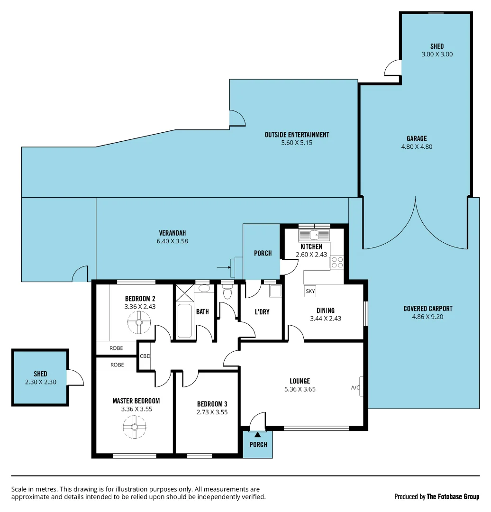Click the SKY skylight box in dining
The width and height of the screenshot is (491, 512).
(x=310, y=291)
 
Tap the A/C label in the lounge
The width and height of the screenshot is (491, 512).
(x=355, y=388)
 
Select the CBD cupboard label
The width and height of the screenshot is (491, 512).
(x=145, y=357)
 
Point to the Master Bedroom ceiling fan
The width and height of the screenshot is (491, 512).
(x=134, y=426)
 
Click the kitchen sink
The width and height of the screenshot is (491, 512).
(x=314, y=234)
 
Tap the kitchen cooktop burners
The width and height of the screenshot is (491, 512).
(x=337, y=262)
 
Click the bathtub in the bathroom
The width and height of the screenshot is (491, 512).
(x=184, y=321)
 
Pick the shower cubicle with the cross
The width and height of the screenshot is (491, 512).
(x=184, y=293)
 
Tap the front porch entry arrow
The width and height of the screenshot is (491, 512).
(x=257, y=433)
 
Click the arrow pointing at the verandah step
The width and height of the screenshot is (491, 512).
(x=223, y=267)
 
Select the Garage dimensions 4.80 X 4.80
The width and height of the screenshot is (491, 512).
(x=416, y=146)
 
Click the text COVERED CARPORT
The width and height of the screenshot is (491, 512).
(x=427, y=309)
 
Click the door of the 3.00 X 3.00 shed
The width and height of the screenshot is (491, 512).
(x=393, y=68)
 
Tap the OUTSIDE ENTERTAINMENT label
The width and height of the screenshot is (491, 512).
(x=297, y=135)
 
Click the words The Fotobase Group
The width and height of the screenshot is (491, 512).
(x=453, y=497)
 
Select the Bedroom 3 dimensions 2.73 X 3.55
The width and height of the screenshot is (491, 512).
(x=212, y=412)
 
